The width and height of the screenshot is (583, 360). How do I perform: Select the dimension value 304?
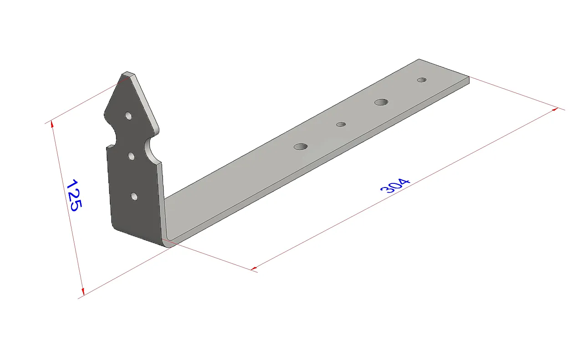point(395,185)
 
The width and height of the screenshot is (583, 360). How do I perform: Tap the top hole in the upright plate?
point(129,116)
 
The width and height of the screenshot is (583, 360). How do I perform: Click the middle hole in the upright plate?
point(132,156)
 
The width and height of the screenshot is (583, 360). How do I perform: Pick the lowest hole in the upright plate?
point(134,196)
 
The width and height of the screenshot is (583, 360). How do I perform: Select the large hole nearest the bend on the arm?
point(301,147)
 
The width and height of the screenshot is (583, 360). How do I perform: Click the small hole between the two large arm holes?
point(341,124)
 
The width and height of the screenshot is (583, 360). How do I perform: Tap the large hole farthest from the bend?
point(381,102)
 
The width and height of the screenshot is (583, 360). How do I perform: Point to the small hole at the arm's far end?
point(422,80)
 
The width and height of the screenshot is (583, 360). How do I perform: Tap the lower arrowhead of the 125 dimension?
point(82,291)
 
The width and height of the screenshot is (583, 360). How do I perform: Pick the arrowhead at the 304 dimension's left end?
point(254,268)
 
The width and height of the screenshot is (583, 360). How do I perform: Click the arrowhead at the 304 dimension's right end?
point(555,109)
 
